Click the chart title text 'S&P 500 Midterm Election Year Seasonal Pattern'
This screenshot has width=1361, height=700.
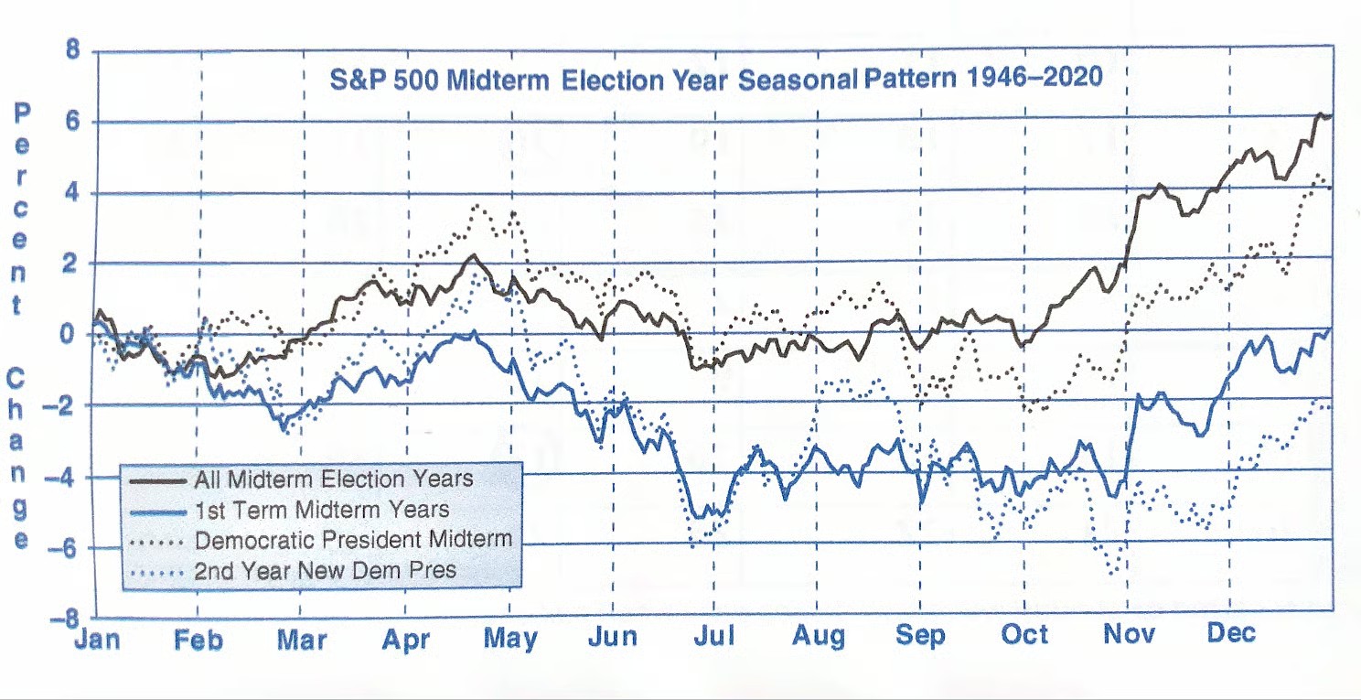click(x=715, y=79)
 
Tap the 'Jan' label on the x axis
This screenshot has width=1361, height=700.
click(x=96, y=638)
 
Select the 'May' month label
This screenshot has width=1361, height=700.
click(x=510, y=638)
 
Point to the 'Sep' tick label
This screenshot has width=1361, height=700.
click(x=920, y=635)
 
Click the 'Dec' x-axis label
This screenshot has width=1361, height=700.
click(x=1230, y=632)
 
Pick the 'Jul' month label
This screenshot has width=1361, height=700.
click(x=713, y=636)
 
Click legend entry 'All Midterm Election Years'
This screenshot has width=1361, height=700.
click(x=333, y=479)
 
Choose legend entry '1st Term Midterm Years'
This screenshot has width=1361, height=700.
click(x=321, y=509)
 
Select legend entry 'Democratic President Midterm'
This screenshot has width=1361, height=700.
click(x=352, y=539)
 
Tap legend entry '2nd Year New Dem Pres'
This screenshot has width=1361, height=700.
click(x=325, y=571)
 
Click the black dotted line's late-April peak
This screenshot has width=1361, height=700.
click(x=477, y=206)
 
